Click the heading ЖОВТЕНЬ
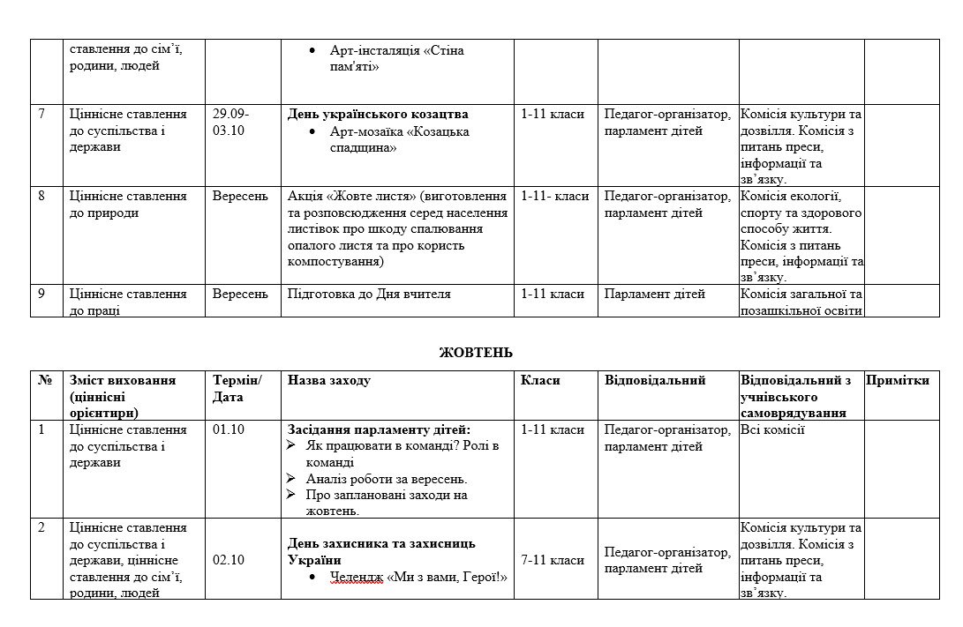tap(476, 352)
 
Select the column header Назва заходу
tap(329, 381)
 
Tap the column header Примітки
tap(898, 381)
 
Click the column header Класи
tap(540, 381)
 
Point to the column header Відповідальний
tap(655, 381)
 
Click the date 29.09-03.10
tap(230, 123)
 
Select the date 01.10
tap(229, 430)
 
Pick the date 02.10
tap(229, 560)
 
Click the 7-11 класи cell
tap(553, 560)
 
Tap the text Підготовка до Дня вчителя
tap(369, 294)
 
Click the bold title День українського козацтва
tap(378, 115)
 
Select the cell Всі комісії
tap(772, 430)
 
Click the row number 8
tap(41, 196)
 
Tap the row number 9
tap(41, 294)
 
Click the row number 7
tap(41, 115)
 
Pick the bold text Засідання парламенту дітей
tap(380, 430)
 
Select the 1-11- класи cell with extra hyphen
tap(555, 196)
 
